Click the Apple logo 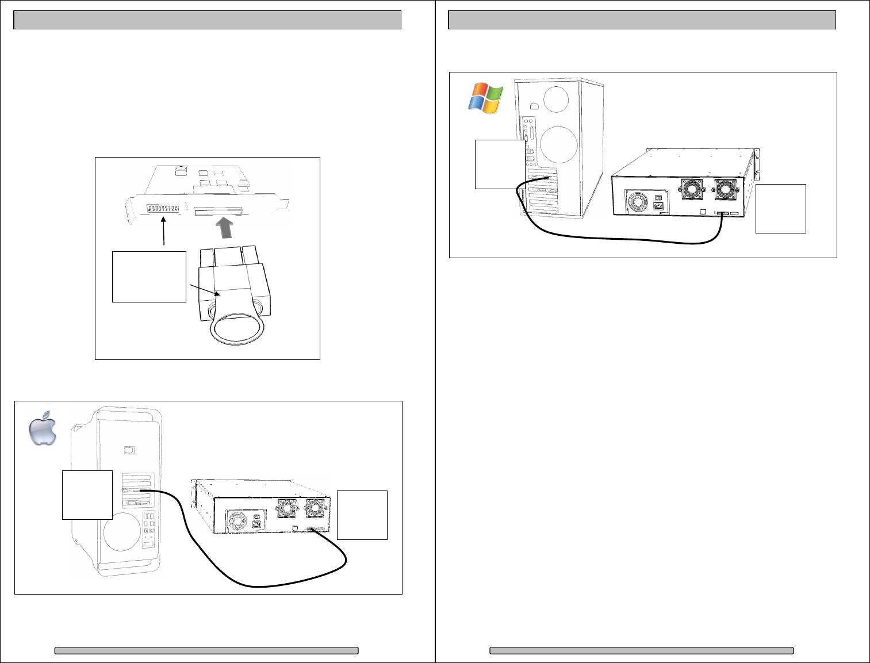pyautogui.click(x=44, y=428)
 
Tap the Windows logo pyautogui.click(x=486, y=98)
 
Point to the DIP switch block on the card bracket pyautogui.click(x=164, y=208)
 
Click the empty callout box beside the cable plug pyautogui.click(x=149, y=277)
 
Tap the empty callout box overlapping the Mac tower pyautogui.click(x=87, y=495)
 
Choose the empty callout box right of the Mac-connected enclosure pyautogui.click(x=362, y=515)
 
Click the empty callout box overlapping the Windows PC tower pyautogui.click(x=500, y=164)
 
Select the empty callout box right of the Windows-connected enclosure pyautogui.click(x=780, y=208)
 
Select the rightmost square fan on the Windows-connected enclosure pyautogui.click(x=725, y=189)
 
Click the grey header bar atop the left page pyautogui.click(x=207, y=20)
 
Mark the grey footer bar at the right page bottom pyautogui.click(x=641, y=651)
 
